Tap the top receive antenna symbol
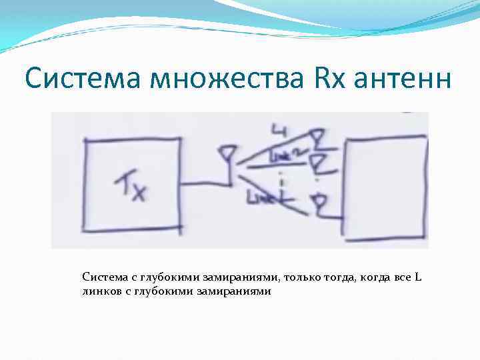(x=319, y=138)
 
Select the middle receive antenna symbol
(x=319, y=162)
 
